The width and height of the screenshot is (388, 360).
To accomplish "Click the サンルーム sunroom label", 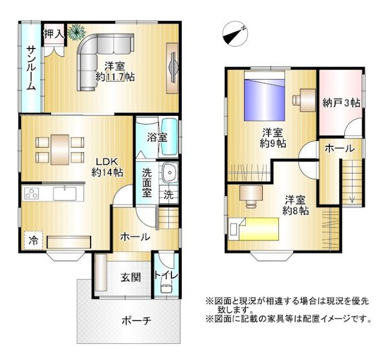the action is click(x=31, y=68).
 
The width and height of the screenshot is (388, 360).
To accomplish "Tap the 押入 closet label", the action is click(x=54, y=34).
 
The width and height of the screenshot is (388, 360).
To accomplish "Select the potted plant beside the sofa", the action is click(x=76, y=32).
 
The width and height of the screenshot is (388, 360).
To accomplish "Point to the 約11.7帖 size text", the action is click(x=115, y=77).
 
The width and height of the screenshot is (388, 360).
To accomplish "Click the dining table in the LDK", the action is click(x=60, y=149).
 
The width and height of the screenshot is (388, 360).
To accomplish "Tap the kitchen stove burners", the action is click(x=31, y=194).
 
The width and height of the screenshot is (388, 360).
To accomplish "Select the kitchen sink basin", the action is click(x=65, y=194).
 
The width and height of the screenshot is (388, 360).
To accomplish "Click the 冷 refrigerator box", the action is click(x=33, y=240).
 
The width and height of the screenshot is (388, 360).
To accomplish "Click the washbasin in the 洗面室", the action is click(x=170, y=172).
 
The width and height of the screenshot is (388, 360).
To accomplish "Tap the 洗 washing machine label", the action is click(x=169, y=195).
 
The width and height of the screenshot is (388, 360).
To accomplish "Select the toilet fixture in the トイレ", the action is click(x=166, y=288).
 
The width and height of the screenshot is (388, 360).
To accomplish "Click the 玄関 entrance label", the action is click(x=131, y=277).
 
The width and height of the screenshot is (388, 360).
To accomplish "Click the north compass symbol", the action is click(x=235, y=34).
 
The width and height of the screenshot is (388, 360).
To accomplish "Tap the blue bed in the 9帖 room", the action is click(x=264, y=100).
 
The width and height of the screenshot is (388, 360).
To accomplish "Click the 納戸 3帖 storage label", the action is click(x=341, y=103).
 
